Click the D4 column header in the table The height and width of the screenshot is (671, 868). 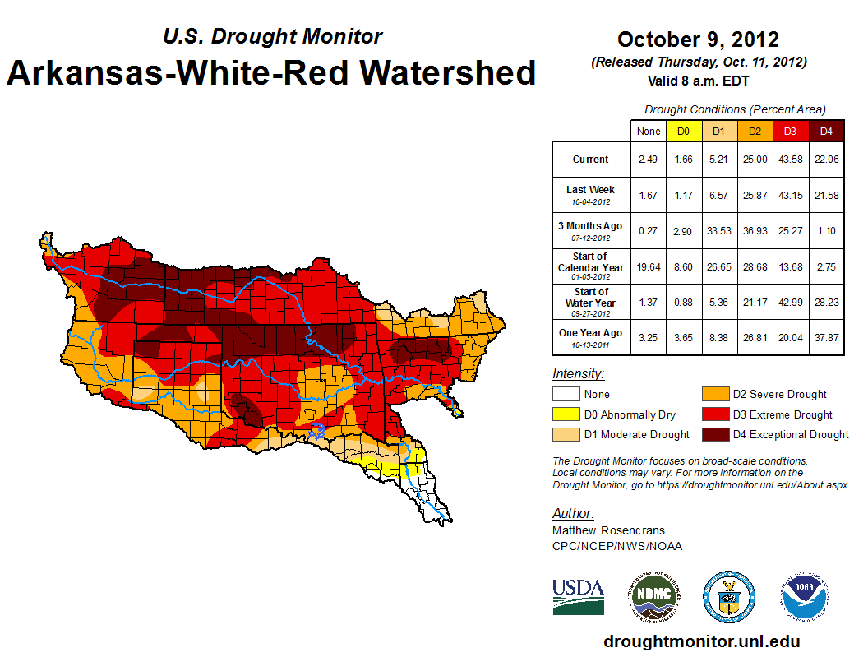[x=825, y=131]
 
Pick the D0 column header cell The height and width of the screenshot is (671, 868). [x=682, y=131]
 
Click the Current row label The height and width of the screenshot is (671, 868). [x=591, y=160]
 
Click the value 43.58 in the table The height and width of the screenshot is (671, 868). [x=789, y=160]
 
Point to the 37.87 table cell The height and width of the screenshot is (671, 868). [x=825, y=337]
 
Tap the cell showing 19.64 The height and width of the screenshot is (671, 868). [x=649, y=266]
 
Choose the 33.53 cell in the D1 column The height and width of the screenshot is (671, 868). [x=718, y=231]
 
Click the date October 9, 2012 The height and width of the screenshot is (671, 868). [x=698, y=39]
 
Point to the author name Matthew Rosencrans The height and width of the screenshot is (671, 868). [x=609, y=530]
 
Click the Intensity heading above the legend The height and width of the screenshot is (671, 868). [x=578, y=373]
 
